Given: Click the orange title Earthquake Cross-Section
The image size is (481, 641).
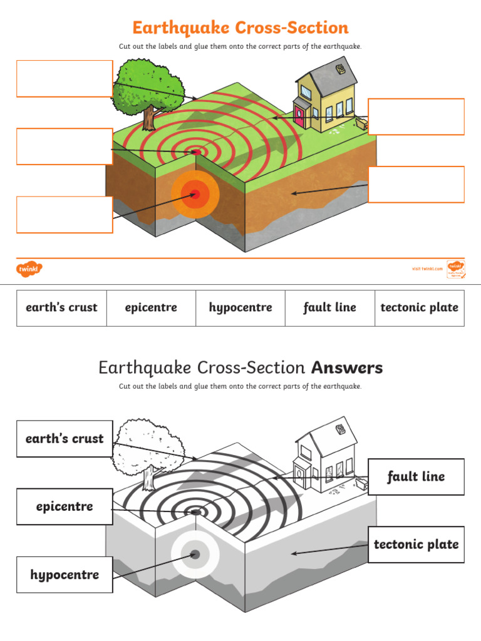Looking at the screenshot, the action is click(240, 28).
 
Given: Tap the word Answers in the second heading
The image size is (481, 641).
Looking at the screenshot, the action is click(347, 367).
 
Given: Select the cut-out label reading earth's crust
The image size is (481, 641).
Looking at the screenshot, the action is click(61, 307).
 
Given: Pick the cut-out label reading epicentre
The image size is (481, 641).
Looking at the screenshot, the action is click(151, 307).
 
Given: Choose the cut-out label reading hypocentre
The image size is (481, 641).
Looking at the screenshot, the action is click(240, 307).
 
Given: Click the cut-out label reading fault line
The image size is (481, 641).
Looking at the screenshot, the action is click(329, 307).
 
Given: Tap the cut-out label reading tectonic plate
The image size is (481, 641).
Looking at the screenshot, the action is click(419, 307).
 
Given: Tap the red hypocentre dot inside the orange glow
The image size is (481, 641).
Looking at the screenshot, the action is click(195, 195).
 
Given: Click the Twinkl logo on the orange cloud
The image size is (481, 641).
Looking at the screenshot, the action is click(29, 269).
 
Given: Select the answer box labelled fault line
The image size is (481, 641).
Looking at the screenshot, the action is click(416, 477).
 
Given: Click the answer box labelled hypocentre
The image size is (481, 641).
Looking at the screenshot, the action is click(65, 575).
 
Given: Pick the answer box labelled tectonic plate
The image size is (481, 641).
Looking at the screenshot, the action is click(416, 545).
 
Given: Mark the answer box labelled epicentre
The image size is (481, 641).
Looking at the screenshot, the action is click(65, 506).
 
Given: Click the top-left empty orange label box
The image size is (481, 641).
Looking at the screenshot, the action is click(65, 78).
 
